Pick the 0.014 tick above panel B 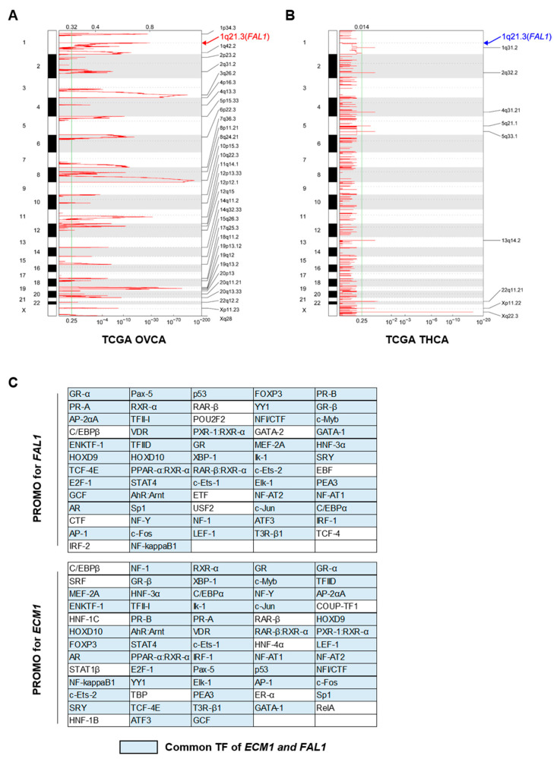tap(362, 27)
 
